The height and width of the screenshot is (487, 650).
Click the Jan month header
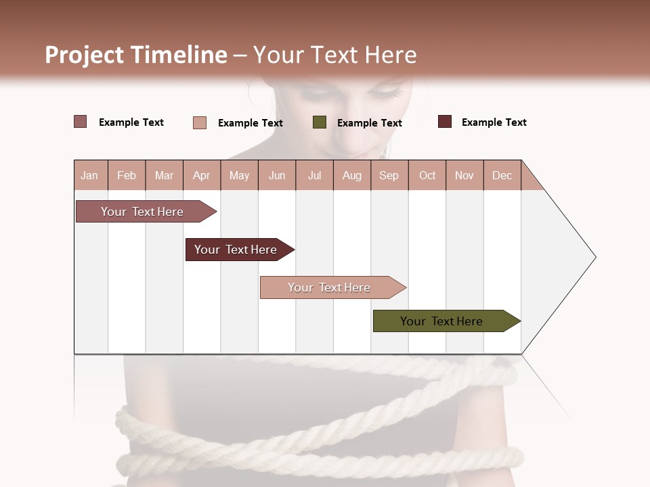pyautogui.click(x=90, y=175)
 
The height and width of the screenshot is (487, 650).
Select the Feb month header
pyautogui.click(x=127, y=175)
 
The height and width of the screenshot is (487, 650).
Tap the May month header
pyautogui.click(x=239, y=175)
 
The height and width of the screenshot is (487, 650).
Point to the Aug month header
pyautogui.click(x=351, y=175)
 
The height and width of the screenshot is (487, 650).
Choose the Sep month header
pyautogui.click(x=389, y=175)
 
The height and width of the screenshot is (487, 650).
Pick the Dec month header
pyautogui.click(x=502, y=175)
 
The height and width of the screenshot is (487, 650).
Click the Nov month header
pyautogui.click(x=464, y=175)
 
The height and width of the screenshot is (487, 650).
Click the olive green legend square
pyautogui.click(x=320, y=122)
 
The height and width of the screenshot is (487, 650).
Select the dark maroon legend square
pyautogui.click(x=445, y=122)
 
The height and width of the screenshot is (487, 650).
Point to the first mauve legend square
pyautogui.click(x=80, y=122)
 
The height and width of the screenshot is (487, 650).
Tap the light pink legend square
pyautogui.click(x=200, y=122)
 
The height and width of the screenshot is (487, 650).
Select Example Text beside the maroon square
pyautogui.click(x=494, y=122)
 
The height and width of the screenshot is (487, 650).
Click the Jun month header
pyautogui.click(x=277, y=175)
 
